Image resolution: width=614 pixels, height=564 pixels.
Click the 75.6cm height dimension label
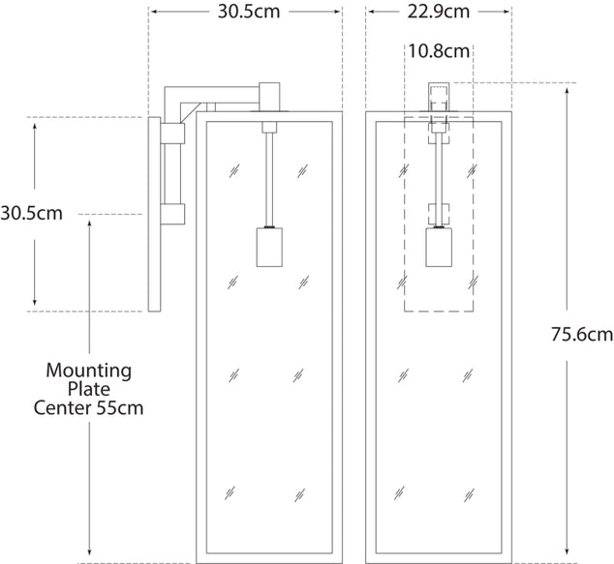(582, 335)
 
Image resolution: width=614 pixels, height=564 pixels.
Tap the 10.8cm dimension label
(438, 49)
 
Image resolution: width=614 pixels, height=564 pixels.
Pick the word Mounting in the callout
(89, 371)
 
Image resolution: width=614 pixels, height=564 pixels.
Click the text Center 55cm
(89, 407)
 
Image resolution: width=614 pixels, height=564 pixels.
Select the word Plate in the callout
(89, 389)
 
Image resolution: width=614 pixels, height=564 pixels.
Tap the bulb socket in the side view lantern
(268, 247)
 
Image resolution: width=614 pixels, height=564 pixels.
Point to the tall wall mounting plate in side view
(154, 215)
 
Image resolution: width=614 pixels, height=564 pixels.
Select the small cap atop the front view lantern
(440, 98)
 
